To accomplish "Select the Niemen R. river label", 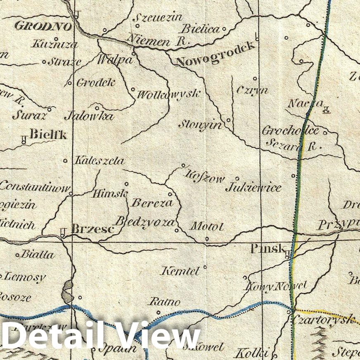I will coord(157,41).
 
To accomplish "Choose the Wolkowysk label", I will coord(168,95).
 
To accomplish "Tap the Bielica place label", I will coord(200,29).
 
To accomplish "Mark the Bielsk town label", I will coord(48,135).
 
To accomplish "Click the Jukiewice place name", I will coord(253,188).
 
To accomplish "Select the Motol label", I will coord(206,227).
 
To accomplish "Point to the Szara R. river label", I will coord(294,145).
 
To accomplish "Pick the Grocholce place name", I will coord(291,131).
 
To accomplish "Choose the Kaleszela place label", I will coord(99,161).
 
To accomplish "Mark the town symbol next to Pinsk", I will coord(288,255).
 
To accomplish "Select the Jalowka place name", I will coord(89,116).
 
